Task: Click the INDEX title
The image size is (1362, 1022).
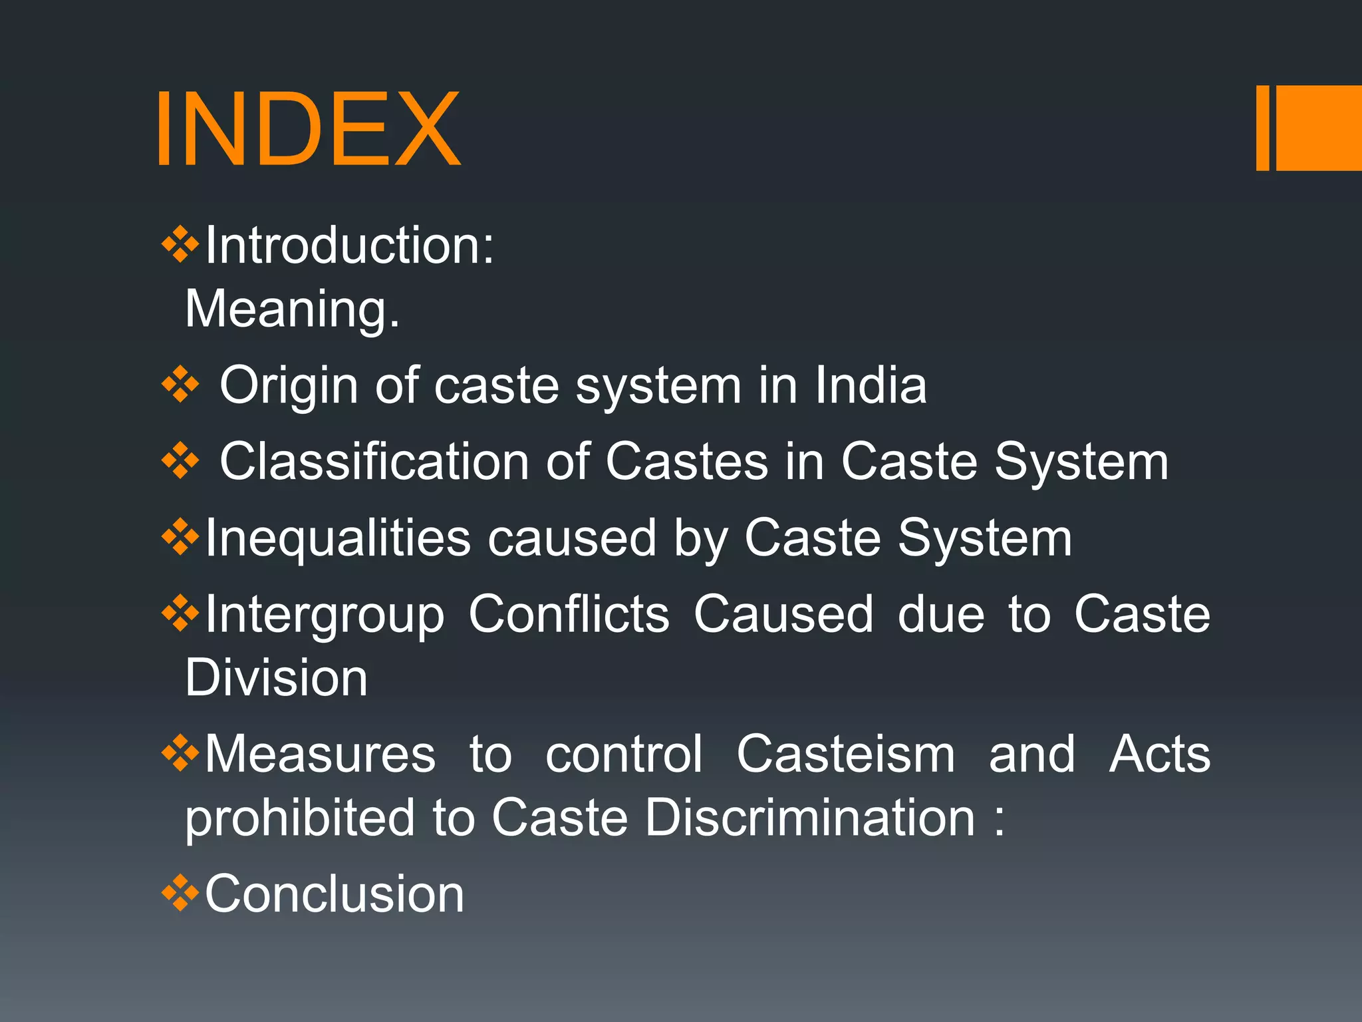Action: point(307,128)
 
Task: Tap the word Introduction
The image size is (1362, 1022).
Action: point(349,246)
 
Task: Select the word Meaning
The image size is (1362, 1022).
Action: point(292,309)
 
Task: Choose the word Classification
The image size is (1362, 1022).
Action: point(374,462)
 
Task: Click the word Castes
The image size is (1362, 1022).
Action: point(686,462)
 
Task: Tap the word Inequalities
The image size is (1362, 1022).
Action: point(338,538)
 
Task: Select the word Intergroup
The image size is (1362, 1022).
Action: point(325,615)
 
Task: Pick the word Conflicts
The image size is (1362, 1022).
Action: point(569,613)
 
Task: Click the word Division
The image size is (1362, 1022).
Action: point(276,678)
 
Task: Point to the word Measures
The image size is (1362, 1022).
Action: point(320,755)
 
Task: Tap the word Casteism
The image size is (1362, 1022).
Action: point(845,755)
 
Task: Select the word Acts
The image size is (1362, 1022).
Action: point(1160,755)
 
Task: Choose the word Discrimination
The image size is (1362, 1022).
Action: point(809,818)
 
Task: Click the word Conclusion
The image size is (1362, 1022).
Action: point(335,894)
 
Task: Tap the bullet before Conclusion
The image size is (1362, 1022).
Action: point(180,893)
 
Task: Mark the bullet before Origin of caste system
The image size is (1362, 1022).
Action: point(180,385)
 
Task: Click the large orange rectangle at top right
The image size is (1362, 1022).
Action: point(1318,128)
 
